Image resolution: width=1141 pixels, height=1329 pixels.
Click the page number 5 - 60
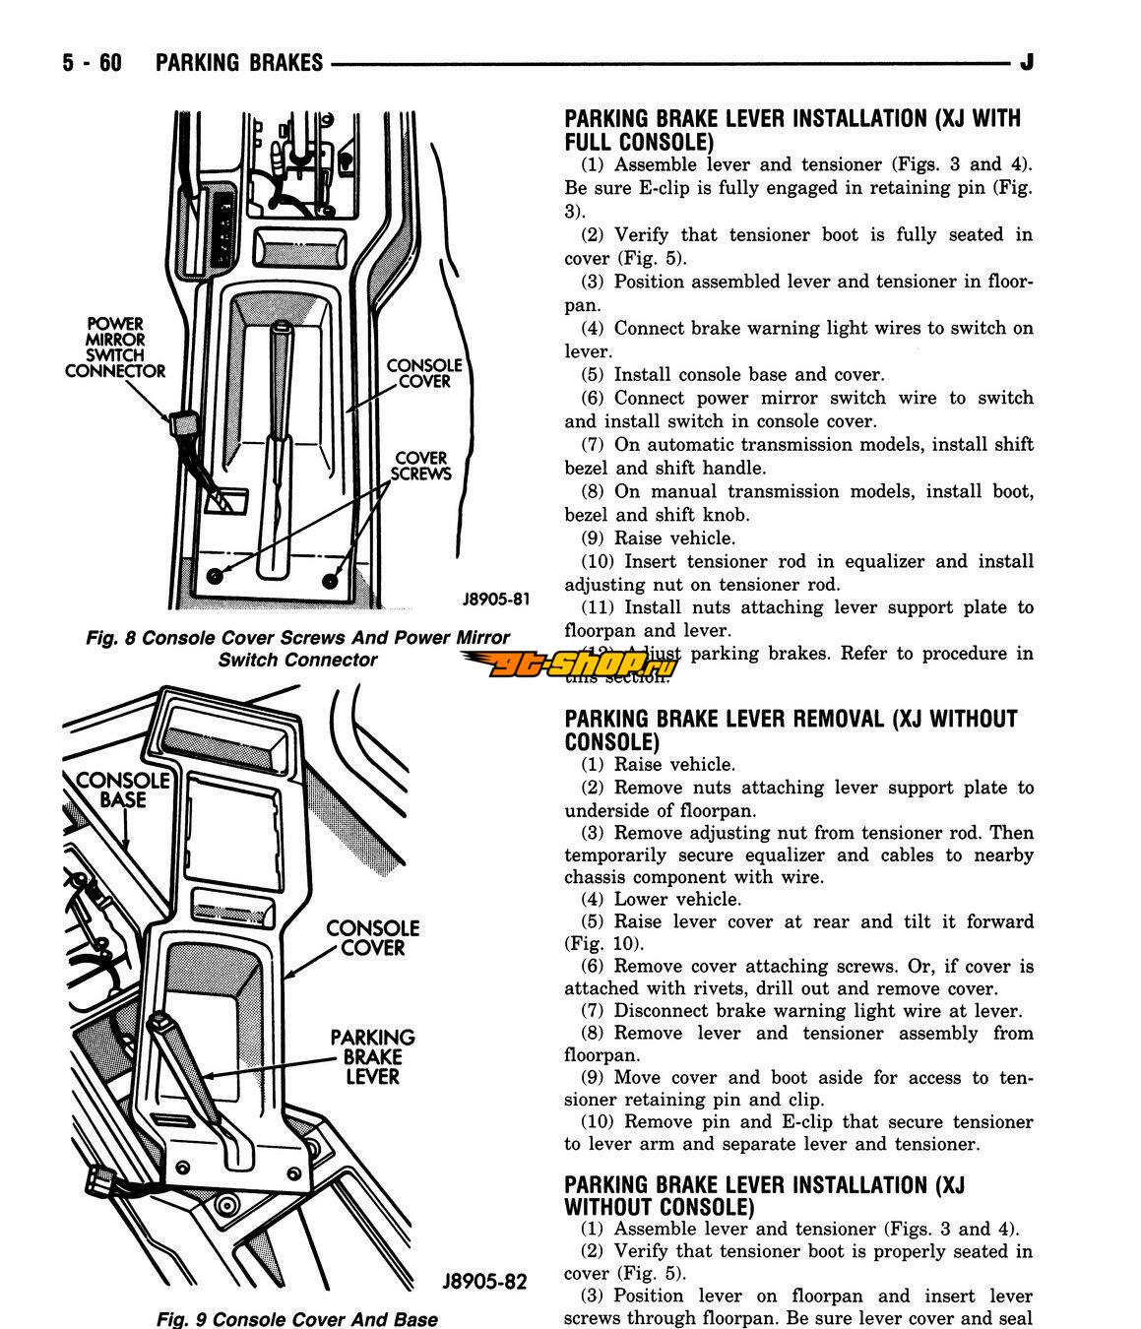coord(92,63)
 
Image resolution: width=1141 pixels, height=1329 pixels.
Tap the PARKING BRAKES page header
coord(239,63)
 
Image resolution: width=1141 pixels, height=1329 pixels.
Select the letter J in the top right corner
coord(1027,63)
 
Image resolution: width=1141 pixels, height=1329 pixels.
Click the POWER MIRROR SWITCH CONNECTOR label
coord(115,348)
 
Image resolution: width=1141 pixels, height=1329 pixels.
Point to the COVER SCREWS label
coord(421,466)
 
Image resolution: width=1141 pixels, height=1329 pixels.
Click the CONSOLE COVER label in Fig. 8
coord(424,373)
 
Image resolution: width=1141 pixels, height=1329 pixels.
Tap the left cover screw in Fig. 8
coord(216,573)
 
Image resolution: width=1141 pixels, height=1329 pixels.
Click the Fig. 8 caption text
coord(297,649)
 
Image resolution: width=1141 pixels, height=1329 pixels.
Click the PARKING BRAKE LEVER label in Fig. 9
coord(372,1056)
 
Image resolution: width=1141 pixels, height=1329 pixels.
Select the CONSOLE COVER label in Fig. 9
coord(372,938)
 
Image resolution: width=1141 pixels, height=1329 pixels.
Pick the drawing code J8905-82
coord(484,1282)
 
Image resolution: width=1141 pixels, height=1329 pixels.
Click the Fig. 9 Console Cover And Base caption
coord(297,1318)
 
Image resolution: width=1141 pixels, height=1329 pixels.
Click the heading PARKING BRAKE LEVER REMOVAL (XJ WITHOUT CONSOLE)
coord(791,729)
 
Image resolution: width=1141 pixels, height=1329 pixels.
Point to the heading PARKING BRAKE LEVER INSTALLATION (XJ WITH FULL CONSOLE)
coord(792,130)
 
